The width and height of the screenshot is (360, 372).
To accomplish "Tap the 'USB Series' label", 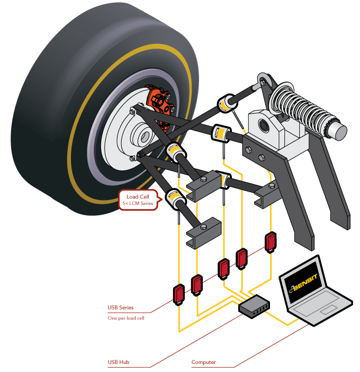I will (120, 307).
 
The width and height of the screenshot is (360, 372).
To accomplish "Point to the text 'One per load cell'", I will (126, 318).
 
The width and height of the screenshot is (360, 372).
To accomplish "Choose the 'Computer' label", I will (203, 362).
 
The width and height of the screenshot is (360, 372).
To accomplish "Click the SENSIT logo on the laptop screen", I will (308, 285).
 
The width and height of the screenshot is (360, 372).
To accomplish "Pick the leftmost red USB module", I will (178, 294).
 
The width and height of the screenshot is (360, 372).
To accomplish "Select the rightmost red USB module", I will (271, 241).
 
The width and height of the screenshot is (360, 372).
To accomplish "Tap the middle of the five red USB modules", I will (223, 268).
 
